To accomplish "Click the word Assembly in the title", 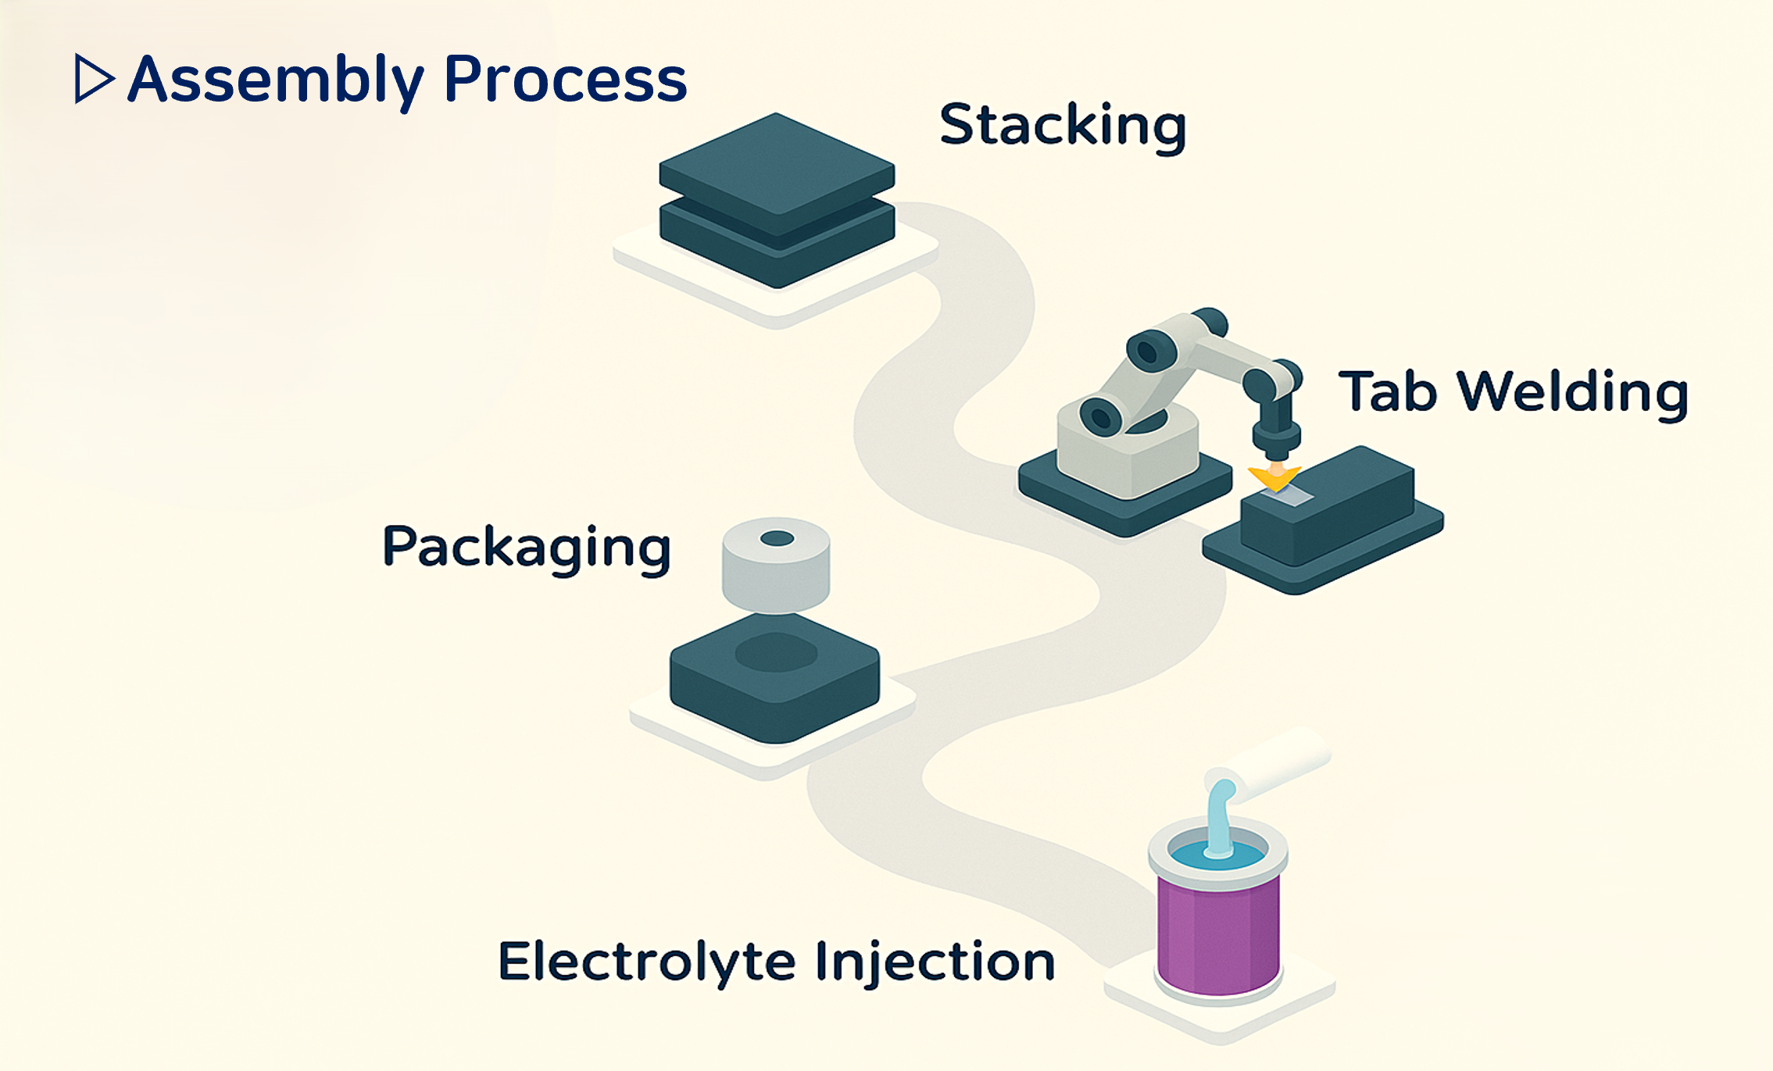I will (x=276, y=80).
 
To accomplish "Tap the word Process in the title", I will (x=565, y=80).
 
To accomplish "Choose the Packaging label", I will (x=527, y=548).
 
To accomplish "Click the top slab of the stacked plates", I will (x=777, y=168).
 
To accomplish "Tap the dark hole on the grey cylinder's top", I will (x=777, y=538).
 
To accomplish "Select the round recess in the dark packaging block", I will (x=776, y=652).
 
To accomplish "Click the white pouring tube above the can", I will (x=1281, y=762).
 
